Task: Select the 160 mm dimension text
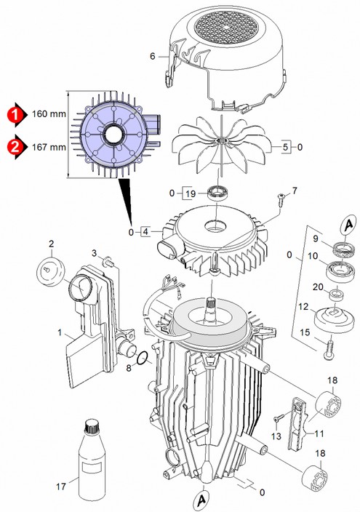point(49,114)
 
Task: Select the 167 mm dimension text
point(49,147)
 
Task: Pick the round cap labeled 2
point(51,271)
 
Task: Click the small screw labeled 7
point(281,199)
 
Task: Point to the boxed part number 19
point(191,193)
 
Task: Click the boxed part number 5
point(285,147)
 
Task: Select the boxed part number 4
point(145,232)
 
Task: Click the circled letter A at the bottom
point(202,499)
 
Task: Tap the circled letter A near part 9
point(348,224)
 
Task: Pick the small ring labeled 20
point(337,294)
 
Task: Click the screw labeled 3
point(109,262)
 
